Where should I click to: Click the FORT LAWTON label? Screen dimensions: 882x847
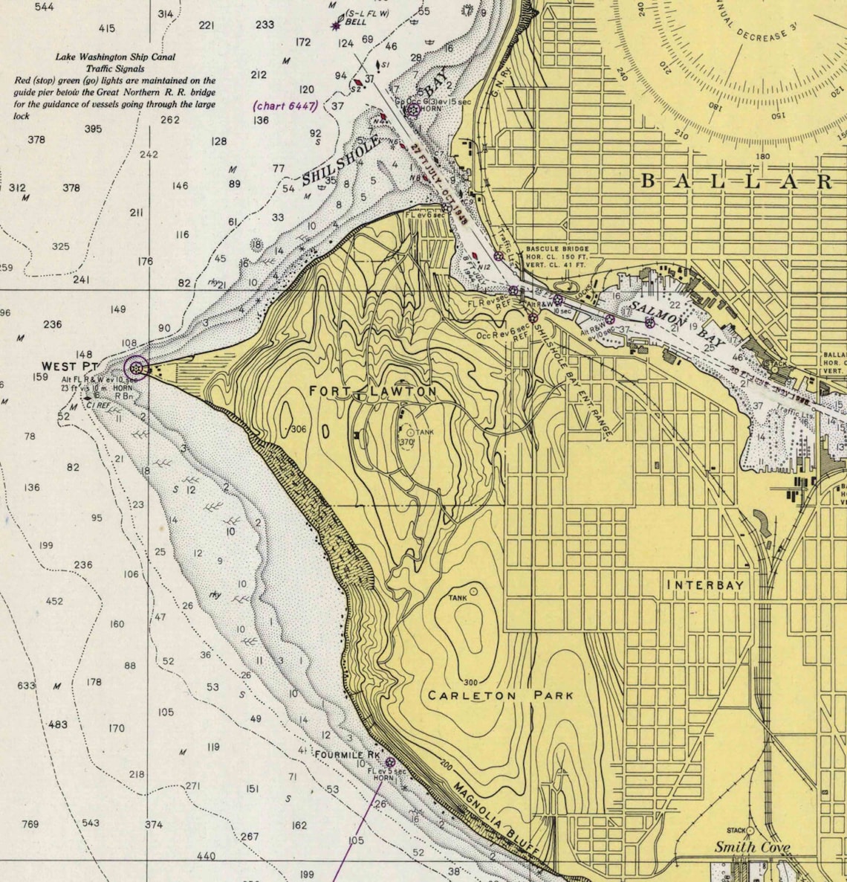click(373, 391)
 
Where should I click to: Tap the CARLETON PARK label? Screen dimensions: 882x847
click(501, 695)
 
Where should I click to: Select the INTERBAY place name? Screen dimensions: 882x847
click(705, 585)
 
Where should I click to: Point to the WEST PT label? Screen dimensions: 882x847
click(69, 366)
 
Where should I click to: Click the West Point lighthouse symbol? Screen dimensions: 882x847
click(136, 367)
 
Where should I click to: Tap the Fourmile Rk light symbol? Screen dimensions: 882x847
click(390, 762)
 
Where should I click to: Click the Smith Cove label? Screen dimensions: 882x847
click(752, 847)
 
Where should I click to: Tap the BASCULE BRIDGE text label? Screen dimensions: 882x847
click(557, 249)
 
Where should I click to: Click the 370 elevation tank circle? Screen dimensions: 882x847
click(408, 431)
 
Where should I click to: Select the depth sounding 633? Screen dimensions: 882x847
click(26, 685)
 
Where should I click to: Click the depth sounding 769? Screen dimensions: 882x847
click(30, 824)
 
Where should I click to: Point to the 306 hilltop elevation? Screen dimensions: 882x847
click(299, 429)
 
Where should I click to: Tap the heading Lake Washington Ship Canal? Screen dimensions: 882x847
click(115, 57)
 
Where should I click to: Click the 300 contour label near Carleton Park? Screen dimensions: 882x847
click(470, 682)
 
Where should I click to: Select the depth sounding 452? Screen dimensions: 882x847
click(54, 601)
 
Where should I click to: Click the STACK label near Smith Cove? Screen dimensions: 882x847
click(736, 831)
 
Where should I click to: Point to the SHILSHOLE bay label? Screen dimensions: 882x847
click(342, 161)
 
